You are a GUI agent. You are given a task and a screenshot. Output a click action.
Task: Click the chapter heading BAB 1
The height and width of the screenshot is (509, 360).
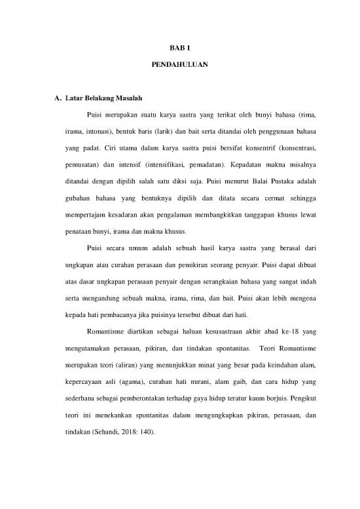pyautogui.click(x=179, y=48)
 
